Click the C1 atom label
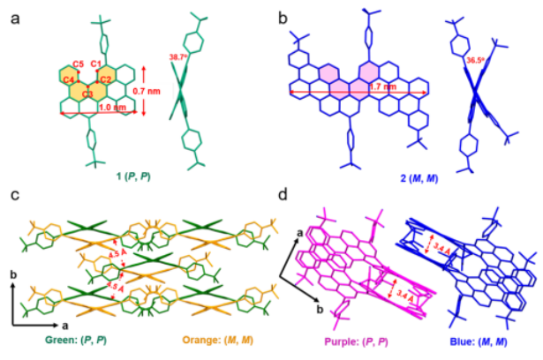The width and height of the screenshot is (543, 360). (x=95, y=64)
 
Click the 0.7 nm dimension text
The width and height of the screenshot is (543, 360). (x=156, y=90)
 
